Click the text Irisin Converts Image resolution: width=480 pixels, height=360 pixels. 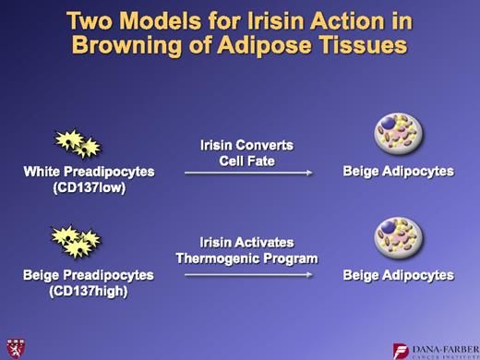tap(247, 145)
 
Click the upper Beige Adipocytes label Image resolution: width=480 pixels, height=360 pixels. tap(398, 171)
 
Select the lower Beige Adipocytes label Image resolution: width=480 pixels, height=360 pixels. tap(398, 275)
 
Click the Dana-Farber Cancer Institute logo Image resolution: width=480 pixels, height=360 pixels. tap(432, 350)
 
